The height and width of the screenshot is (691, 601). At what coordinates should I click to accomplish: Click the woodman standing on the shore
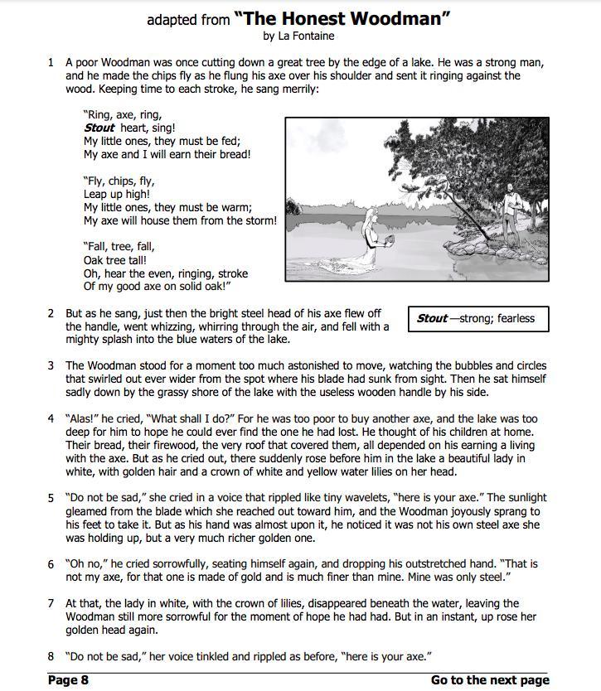coord(512,207)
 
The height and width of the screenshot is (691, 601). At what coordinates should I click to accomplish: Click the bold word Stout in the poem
coord(99,128)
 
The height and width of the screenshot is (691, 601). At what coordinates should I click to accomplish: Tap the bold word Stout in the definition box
coord(431,318)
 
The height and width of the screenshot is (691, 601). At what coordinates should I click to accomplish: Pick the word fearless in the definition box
coord(516,318)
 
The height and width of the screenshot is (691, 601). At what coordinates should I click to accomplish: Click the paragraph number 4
coord(51,419)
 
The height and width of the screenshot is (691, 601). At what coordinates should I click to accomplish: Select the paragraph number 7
coord(51,603)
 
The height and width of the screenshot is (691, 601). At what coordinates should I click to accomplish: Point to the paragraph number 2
coord(51,313)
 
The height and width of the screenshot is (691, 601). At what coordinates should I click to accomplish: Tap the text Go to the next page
coord(489,680)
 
